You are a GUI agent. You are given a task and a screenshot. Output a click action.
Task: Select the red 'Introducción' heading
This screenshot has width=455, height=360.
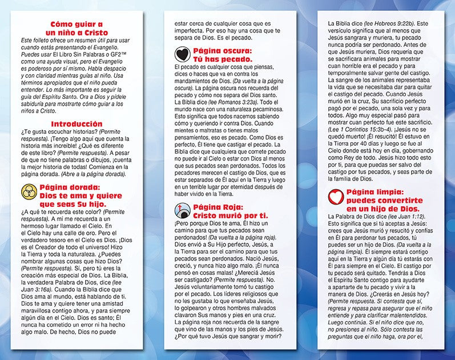76,123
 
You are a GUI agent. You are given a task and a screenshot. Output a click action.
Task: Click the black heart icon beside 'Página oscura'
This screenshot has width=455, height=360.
182,54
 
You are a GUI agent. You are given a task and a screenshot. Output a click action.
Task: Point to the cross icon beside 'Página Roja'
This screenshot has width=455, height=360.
182,211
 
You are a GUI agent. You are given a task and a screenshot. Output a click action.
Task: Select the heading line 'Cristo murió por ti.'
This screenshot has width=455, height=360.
228,215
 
